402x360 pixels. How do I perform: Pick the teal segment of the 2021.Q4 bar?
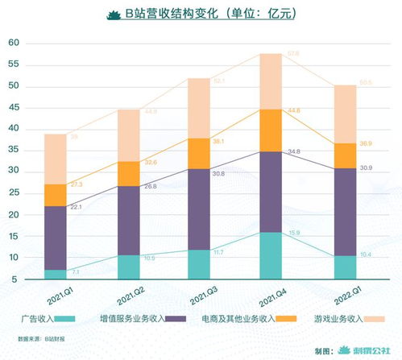pyautogui.click(x=270, y=255)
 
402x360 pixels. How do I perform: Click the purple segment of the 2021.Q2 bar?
pyautogui.click(x=128, y=220)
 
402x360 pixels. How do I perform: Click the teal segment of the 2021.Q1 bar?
pyautogui.click(x=56, y=274)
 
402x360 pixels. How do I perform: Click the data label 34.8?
pyautogui.click(x=294, y=151)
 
